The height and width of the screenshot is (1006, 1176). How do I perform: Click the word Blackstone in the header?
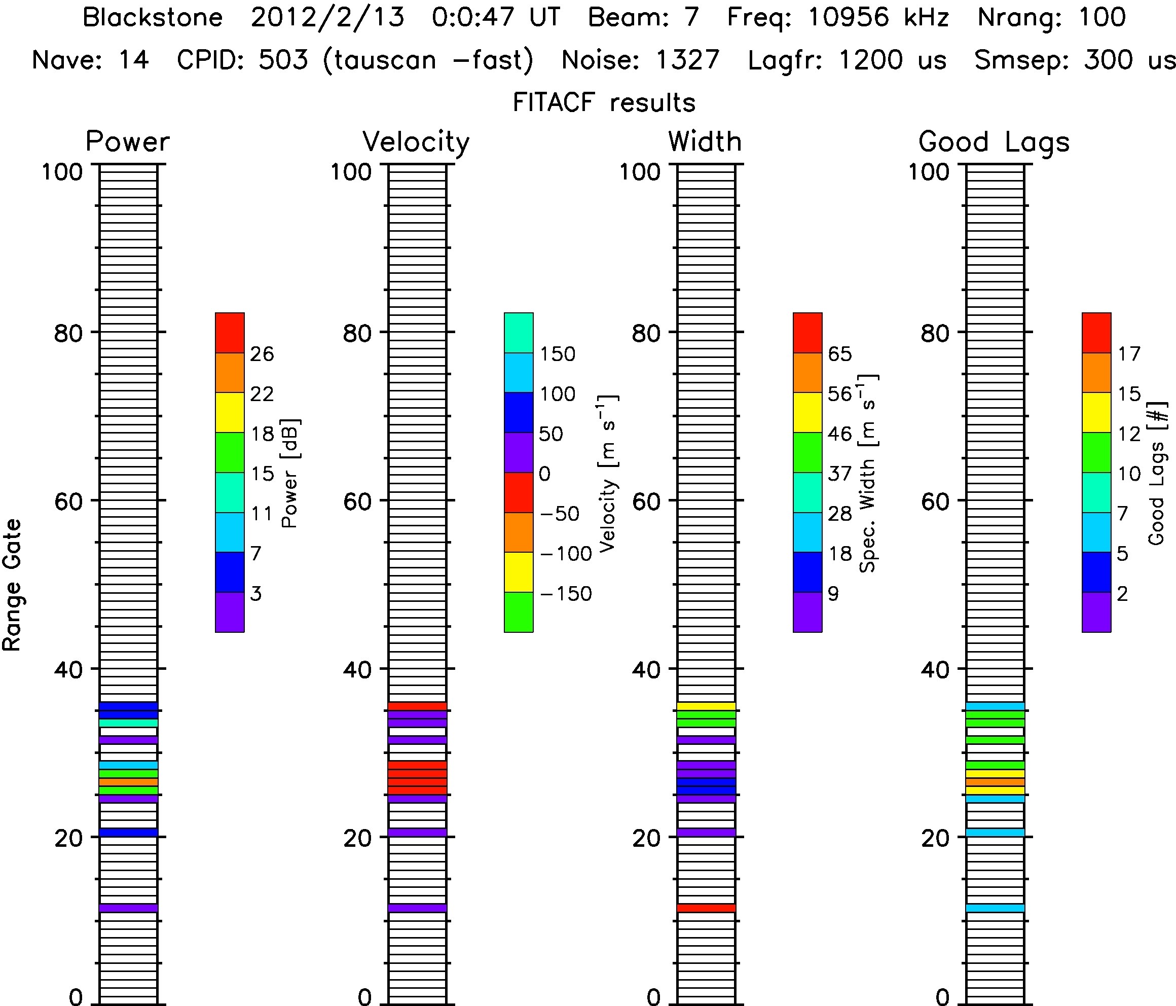click(152, 18)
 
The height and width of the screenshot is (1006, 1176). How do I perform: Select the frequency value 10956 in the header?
click(849, 18)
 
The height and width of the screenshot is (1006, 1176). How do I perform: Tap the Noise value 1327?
click(687, 60)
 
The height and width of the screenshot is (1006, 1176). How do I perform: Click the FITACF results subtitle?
click(604, 103)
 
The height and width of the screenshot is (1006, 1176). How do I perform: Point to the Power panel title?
click(128, 141)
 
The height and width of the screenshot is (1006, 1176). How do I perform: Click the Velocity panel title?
click(416, 141)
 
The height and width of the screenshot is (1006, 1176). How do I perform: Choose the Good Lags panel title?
click(994, 141)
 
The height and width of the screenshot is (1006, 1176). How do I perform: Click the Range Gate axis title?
click(13, 585)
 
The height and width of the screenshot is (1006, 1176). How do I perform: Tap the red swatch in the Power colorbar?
click(230, 333)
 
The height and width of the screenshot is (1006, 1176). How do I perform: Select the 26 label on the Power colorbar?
click(262, 354)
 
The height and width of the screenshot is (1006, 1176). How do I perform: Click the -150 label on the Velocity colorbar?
click(566, 594)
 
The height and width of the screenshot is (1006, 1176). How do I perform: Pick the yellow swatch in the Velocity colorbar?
click(519, 571)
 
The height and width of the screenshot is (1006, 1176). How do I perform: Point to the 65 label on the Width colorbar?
click(839, 354)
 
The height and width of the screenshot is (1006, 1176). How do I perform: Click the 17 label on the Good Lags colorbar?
click(1129, 354)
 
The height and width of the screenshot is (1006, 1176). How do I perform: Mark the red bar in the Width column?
click(707, 908)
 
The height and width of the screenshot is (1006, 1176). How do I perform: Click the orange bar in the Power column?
click(129, 782)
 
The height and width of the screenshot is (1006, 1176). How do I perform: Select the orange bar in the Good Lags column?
click(996, 782)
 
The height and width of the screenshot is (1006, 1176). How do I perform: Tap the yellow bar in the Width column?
click(707, 706)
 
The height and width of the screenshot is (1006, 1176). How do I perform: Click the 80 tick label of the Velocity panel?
click(357, 333)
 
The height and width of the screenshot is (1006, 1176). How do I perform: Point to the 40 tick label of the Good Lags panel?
click(935, 670)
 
